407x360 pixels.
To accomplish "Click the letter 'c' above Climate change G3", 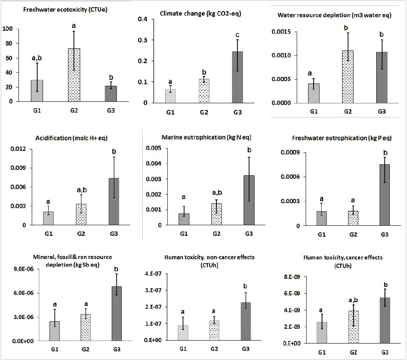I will (x=240, y=34).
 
